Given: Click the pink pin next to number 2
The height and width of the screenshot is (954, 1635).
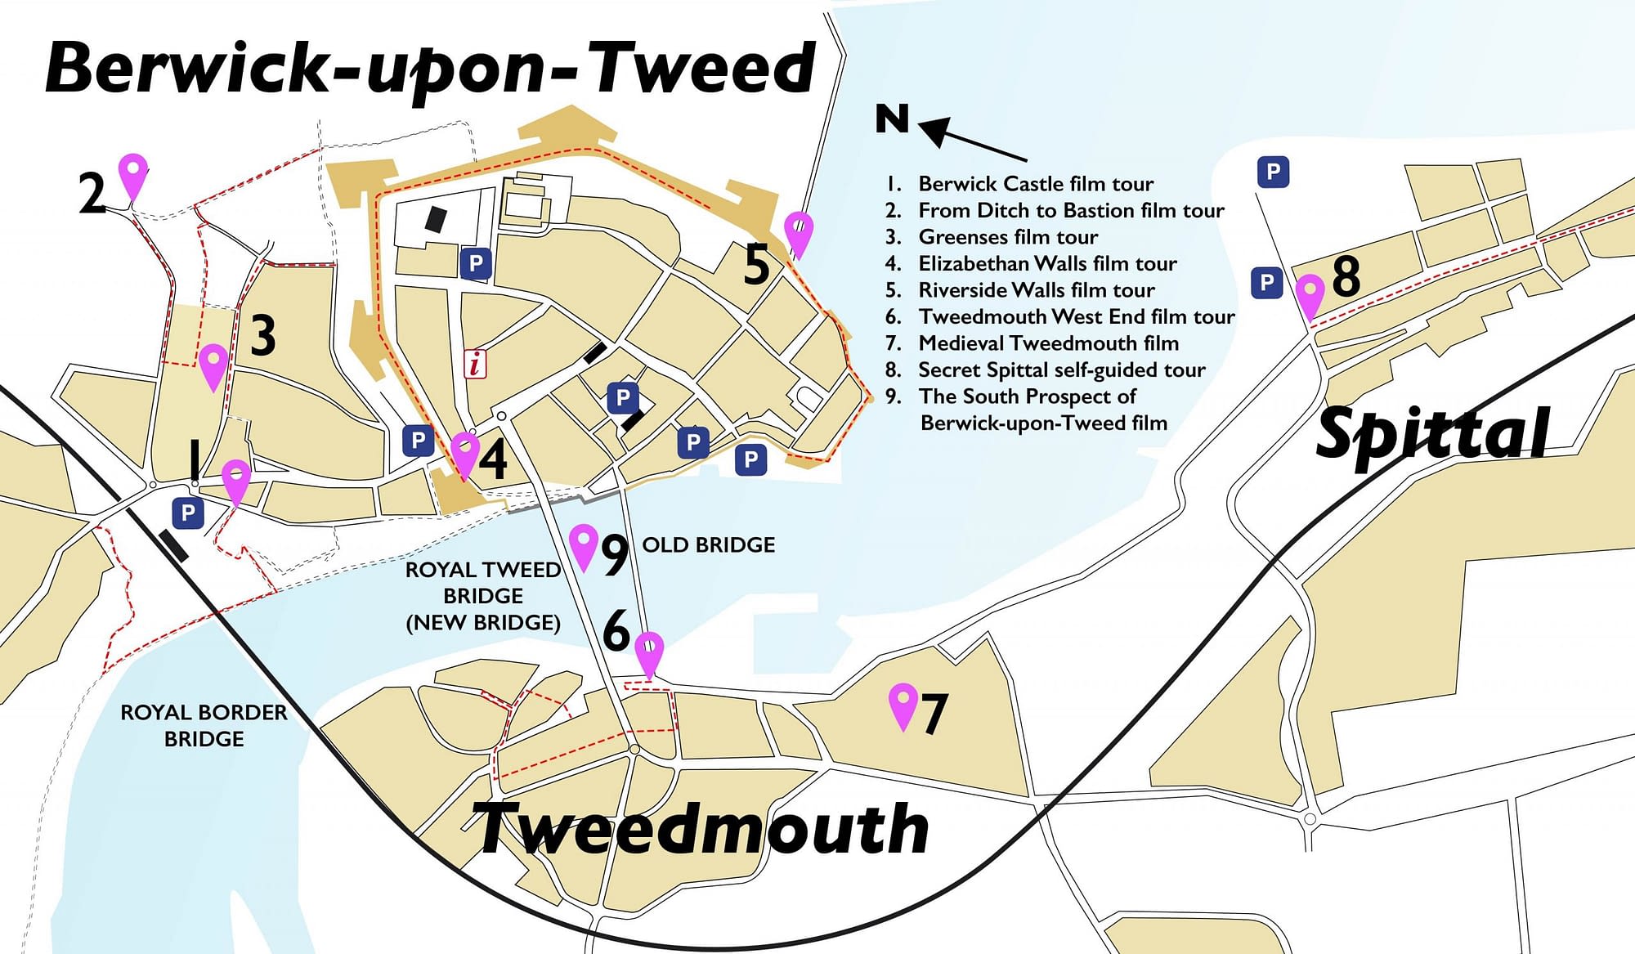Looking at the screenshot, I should pyautogui.click(x=133, y=173).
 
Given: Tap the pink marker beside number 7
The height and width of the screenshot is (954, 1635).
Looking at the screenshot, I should pyautogui.click(x=903, y=704).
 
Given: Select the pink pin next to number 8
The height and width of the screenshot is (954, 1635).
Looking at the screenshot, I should pyautogui.click(x=1310, y=295).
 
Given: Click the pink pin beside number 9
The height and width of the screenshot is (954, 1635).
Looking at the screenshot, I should pyautogui.click(x=584, y=545).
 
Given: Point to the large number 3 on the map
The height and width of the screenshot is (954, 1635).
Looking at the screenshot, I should pyautogui.click(x=262, y=334).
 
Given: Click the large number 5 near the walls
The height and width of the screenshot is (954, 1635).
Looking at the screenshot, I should pyautogui.click(x=756, y=265).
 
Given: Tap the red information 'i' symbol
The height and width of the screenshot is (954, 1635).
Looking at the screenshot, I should pyautogui.click(x=475, y=363).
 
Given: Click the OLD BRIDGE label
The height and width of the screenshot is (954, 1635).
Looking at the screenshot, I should pyautogui.click(x=708, y=545).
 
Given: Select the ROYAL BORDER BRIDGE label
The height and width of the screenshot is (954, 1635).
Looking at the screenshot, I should pyautogui.click(x=204, y=725).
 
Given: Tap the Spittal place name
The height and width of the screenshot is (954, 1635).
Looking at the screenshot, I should pyautogui.click(x=1432, y=433).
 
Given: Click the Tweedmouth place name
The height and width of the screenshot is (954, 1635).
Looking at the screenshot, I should pyautogui.click(x=701, y=829).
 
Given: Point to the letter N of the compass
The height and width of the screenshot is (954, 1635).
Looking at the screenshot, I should pyautogui.click(x=892, y=119).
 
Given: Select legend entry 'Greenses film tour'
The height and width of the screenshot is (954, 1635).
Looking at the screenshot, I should pyautogui.click(x=1007, y=237).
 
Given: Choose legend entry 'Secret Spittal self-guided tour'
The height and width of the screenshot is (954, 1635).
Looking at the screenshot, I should pyautogui.click(x=1061, y=370).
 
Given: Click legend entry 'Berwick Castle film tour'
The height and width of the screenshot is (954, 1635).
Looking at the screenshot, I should pyautogui.click(x=1035, y=184).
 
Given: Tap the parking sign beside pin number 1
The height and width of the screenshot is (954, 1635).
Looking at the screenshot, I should pyautogui.click(x=188, y=513).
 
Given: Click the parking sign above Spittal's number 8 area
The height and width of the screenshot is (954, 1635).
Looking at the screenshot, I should pyautogui.click(x=1272, y=172).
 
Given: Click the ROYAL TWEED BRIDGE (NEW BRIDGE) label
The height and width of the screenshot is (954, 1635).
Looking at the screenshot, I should pyautogui.click(x=483, y=596).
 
